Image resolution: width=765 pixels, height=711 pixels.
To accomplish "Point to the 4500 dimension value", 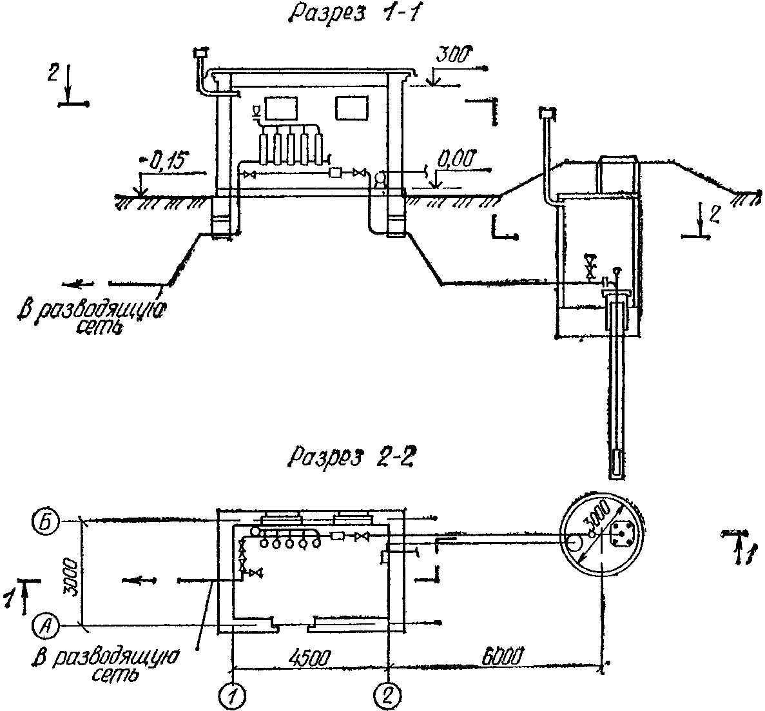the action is tap(310, 657).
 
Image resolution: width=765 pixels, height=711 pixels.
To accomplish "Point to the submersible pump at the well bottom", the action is tap(617, 463).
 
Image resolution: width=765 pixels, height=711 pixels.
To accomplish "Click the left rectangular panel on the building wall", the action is tap(280, 108).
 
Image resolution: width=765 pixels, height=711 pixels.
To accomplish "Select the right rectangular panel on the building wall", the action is tap(351, 108).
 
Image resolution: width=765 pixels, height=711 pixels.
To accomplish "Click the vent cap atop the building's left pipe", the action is tap(201, 52).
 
